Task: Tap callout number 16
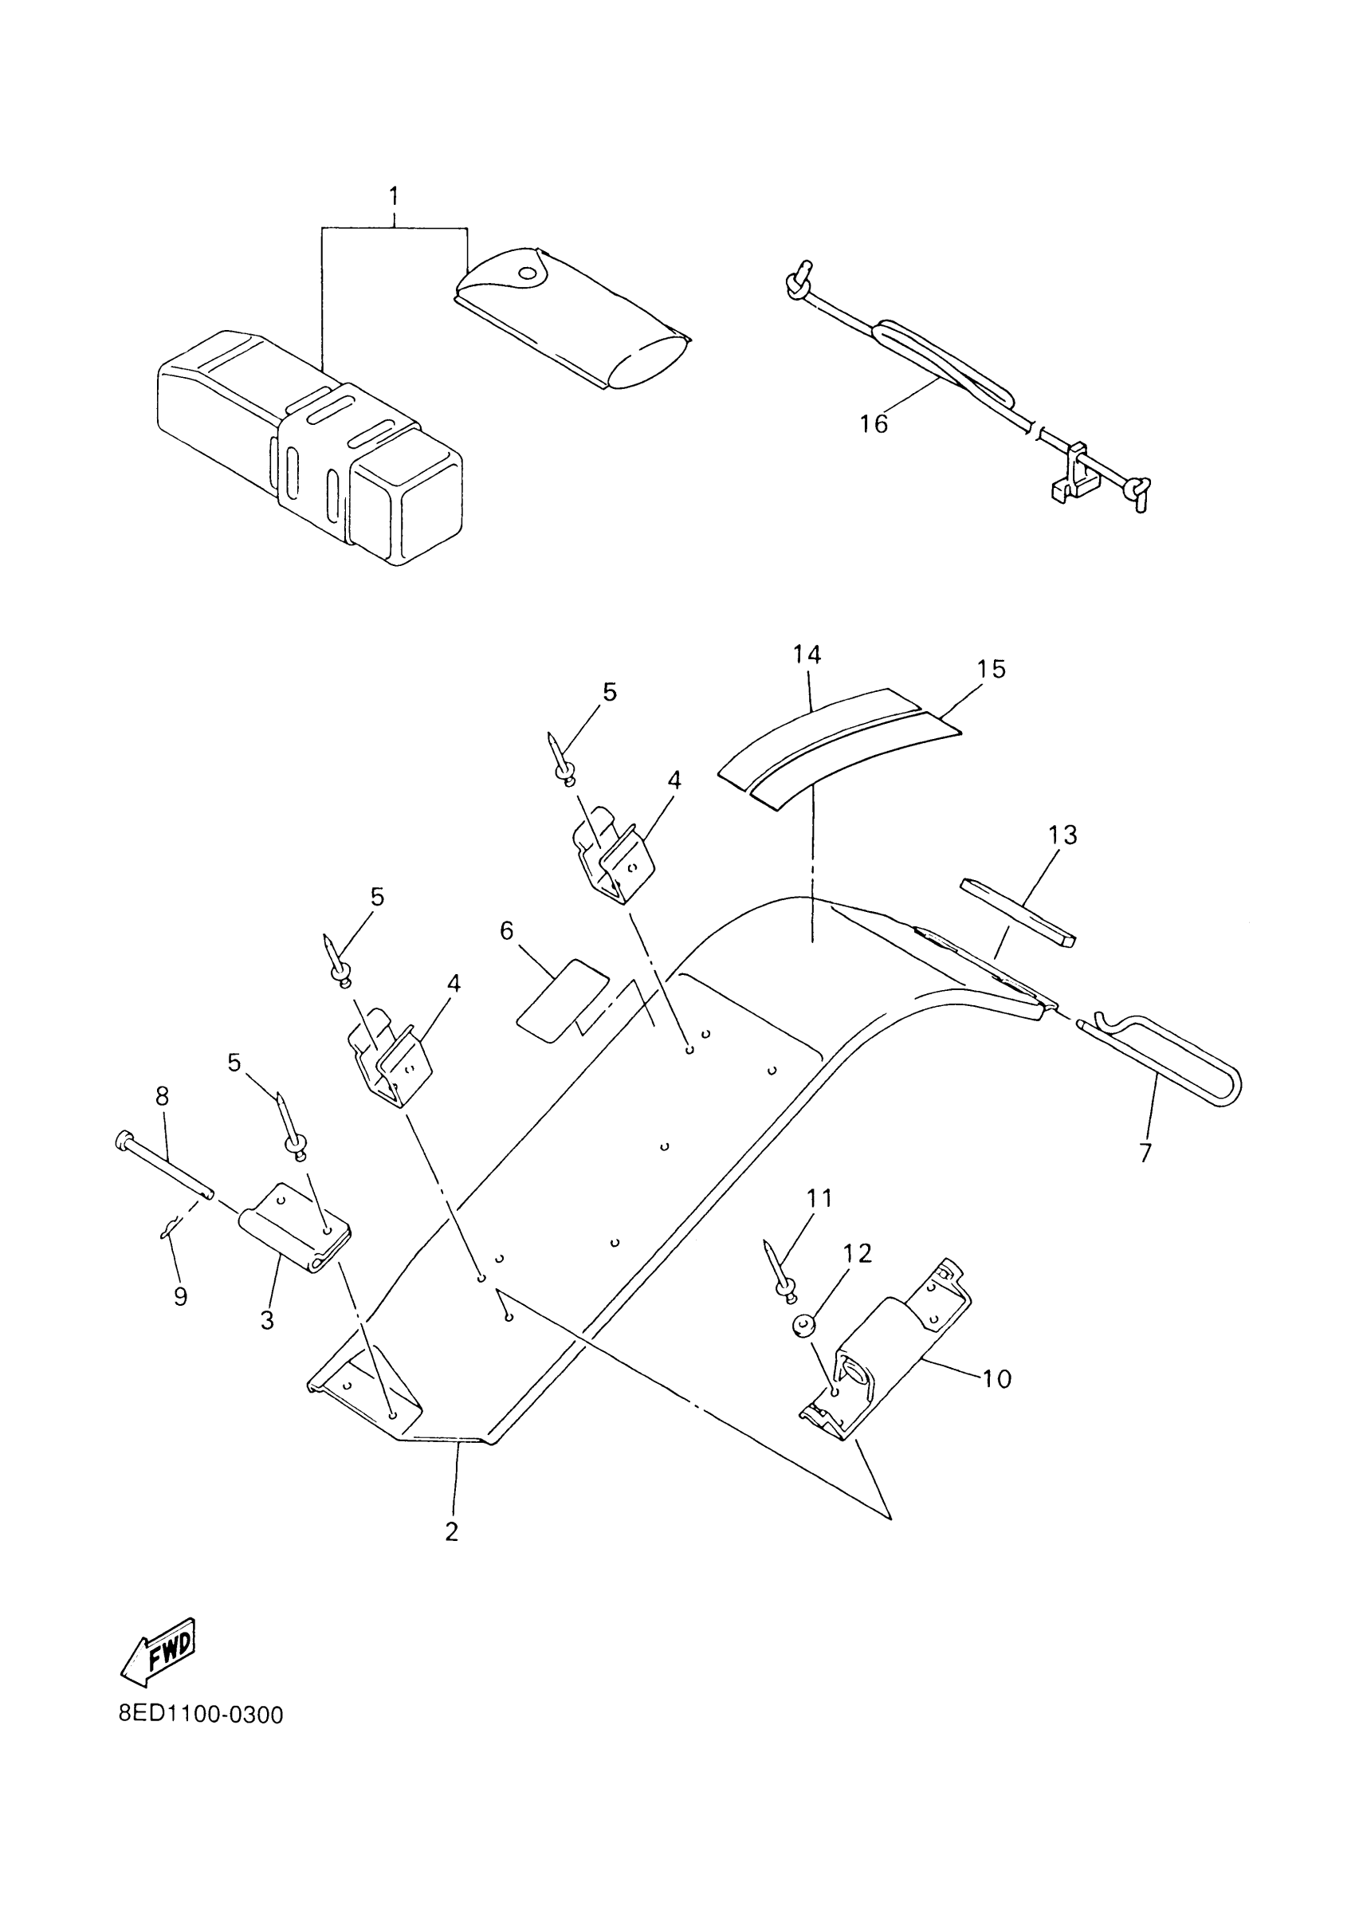click(x=874, y=424)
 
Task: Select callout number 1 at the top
click(x=394, y=197)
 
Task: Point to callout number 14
click(x=807, y=655)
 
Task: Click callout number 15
click(x=992, y=669)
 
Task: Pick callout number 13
click(x=1062, y=835)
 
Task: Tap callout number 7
click(x=1145, y=1153)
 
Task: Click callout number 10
click(x=996, y=1378)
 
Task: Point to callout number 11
click(x=819, y=1199)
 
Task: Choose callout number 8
click(x=162, y=1096)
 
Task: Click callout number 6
click(x=507, y=931)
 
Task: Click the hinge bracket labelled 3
click(x=294, y=1228)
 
